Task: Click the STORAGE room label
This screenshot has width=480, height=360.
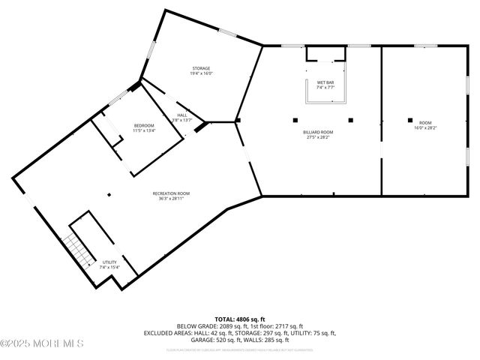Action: [200, 68]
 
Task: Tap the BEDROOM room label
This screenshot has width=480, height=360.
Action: [143, 125]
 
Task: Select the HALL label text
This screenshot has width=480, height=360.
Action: [181, 115]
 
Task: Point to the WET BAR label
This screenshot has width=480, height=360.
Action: [325, 82]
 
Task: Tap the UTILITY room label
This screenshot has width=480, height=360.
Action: [109, 262]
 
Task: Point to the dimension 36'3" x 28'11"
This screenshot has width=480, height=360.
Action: [171, 199]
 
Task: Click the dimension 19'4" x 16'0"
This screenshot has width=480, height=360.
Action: [200, 73]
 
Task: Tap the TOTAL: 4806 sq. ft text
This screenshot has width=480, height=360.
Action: [240, 319]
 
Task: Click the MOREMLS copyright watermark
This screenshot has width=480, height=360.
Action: [42, 343]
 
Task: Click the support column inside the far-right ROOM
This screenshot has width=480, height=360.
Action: [409, 119]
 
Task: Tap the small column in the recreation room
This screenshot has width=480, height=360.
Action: [109, 195]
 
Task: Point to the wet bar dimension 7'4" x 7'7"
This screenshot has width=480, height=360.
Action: [325, 88]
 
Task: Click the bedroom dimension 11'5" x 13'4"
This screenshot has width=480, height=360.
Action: [143, 130]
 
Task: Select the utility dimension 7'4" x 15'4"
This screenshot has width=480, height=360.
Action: [109, 268]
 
